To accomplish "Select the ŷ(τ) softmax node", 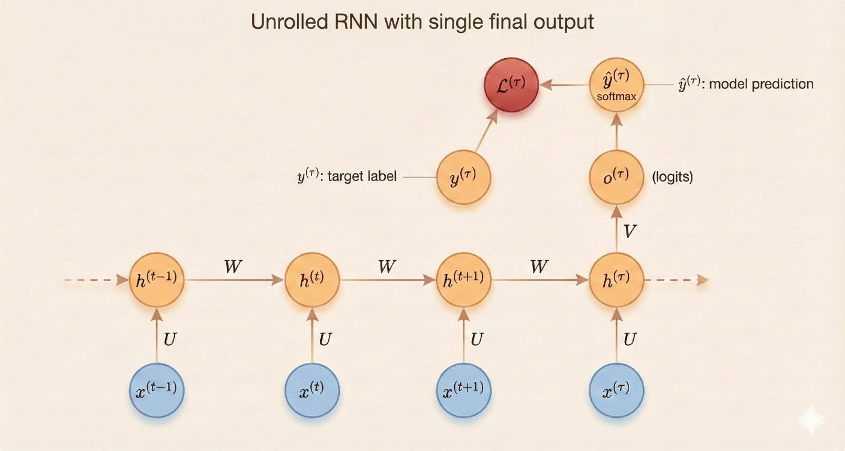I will point(616,85).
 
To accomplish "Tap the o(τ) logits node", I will point(616,178).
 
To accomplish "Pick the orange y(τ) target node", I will point(463,178).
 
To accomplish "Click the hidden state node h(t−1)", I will point(157,280).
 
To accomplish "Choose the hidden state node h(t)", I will point(311,280).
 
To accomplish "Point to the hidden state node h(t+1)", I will point(463,280).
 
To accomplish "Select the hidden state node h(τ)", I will point(616,280).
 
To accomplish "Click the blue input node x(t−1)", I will point(157,390).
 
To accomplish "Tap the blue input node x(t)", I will point(311,390).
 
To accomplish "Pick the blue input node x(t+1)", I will point(463,390).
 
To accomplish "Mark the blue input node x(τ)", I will point(616,390).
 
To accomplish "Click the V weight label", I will point(630,231).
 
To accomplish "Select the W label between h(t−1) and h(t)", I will point(233,267).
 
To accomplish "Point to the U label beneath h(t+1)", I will point(477,339).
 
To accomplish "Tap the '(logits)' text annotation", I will point(672,178).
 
